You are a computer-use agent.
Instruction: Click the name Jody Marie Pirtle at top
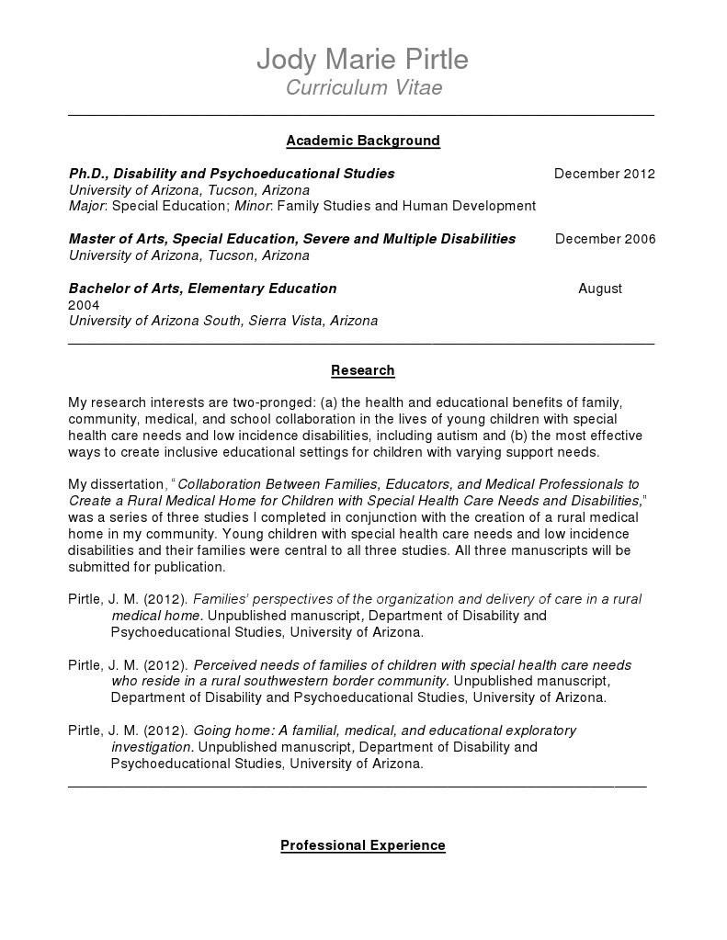pos(362,60)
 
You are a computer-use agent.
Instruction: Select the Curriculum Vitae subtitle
pos(363,88)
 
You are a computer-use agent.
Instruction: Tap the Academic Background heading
pos(363,141)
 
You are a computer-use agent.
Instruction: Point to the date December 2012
pos(604,174)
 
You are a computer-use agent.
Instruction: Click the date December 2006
pos(605,240)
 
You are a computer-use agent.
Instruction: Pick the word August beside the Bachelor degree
pos(600,289)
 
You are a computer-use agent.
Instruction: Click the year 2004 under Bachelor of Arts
pos(84,305)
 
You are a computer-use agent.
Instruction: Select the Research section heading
pos(363,370)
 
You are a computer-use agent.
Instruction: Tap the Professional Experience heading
pos(363,845)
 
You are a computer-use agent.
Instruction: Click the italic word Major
pos(87,206)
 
